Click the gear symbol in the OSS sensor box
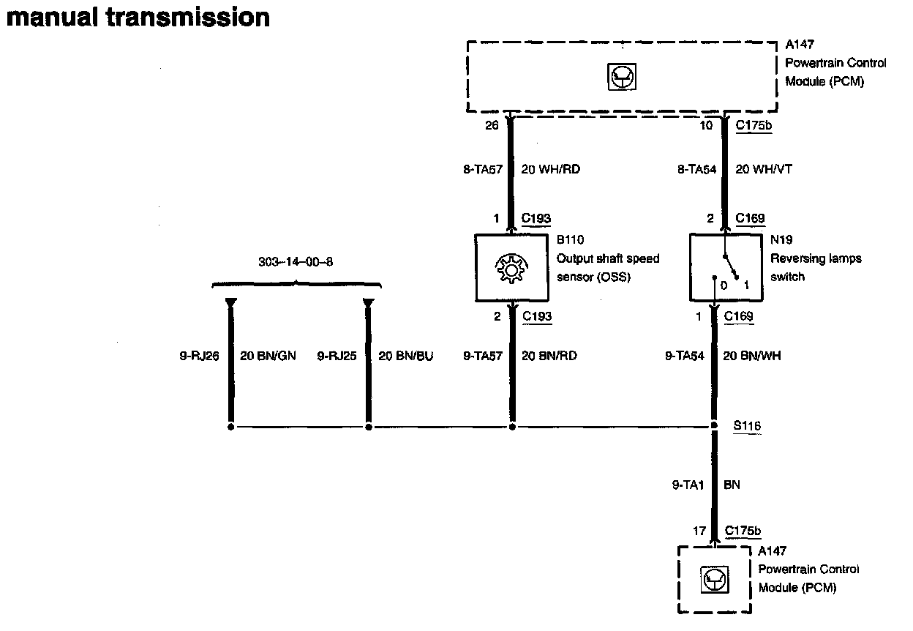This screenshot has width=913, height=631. tap(511, 269)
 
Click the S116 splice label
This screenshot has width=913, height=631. tap(747, 425)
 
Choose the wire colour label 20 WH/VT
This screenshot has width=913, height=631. tap(763, 169)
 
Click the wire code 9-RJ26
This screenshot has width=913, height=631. tap(200, 356)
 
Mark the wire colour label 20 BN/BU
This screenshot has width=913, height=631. tap(405, 356)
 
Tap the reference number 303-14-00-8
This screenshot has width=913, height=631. tap(296, 261)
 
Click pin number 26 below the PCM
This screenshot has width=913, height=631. tap(492, 126)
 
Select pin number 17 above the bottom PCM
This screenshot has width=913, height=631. tap(699, 531)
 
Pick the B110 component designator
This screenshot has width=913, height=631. tap(570, 240)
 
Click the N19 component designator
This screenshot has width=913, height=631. tap(781, 240)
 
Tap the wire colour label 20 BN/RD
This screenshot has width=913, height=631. tap(549, 356)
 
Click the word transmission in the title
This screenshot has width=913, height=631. tap(189, 17)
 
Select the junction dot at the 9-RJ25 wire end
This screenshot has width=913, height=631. tap(369, 426)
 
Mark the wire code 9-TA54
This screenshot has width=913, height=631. tap(685, 356)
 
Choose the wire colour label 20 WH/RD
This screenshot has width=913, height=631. tap(550, 169)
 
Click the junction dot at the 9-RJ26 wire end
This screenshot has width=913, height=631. tap(231, 426)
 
